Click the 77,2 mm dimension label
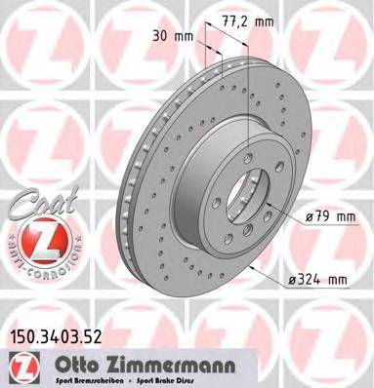coord(251,18)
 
